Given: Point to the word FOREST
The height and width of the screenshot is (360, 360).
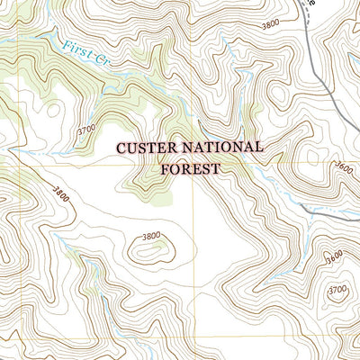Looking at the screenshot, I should click(x=191, y=166).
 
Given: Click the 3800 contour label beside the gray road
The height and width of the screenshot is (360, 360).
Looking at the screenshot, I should click(x=271, y=24).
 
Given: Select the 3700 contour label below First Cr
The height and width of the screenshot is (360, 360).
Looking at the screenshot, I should click(x=85, y=130).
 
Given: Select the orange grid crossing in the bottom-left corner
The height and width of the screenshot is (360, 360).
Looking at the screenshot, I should click(x=13, y=349).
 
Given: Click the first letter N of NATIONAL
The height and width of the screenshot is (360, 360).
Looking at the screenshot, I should click(x=199, y=147).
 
